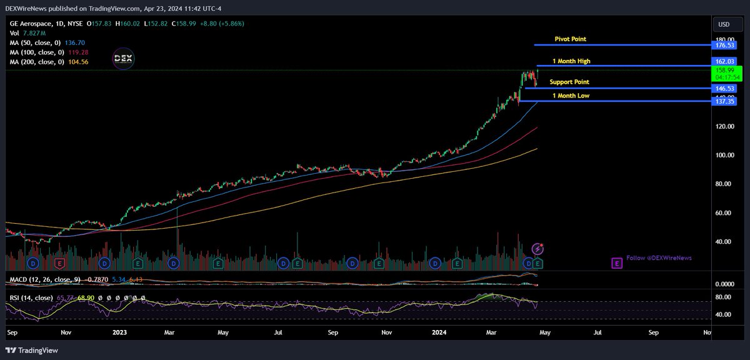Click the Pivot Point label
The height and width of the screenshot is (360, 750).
tap(570, 39)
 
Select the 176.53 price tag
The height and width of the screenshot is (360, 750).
tap(724, 45)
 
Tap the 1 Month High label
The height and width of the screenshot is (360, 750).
tap(571, 61)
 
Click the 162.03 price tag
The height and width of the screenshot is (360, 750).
tap(724, 62)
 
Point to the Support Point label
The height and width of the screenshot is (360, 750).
tap(569, 82)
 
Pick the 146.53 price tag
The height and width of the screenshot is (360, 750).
tap(724, 89)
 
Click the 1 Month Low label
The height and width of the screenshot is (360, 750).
tap(570, 96)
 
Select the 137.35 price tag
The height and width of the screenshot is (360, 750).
tap(724, 101)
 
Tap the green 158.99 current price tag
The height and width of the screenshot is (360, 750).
tap(724, 71)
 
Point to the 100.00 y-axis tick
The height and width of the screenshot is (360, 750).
tap(724, 155)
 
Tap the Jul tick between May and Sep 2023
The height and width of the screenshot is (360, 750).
tap(278, 333)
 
